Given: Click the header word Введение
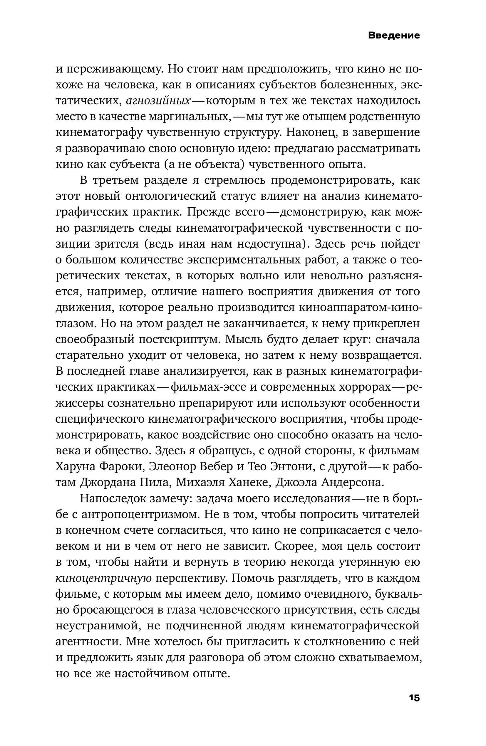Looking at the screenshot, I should pos(393,35).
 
